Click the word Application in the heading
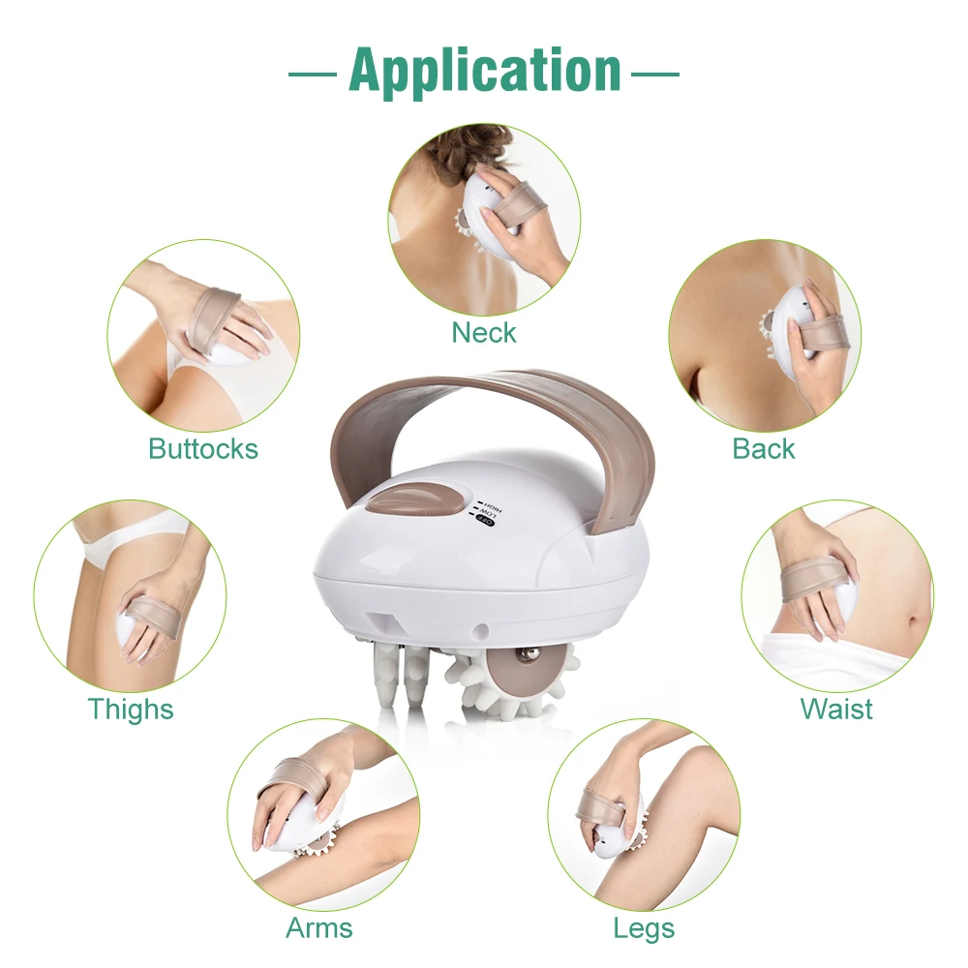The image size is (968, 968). pos(485,70)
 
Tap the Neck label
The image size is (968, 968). pos(484,333)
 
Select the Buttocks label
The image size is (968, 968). pos(203,448)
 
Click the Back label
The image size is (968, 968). pos(764,448)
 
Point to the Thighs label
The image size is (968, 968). pos(131,709)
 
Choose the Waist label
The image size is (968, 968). pos(836,709)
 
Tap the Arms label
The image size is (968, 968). pos(318,928)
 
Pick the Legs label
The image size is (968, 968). pos(644,928)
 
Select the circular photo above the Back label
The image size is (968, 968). pos(764,335)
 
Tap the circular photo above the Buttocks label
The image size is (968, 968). pos(203,335)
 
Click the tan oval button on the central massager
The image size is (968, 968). pos(406,500)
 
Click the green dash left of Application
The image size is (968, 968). pos(313,73)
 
